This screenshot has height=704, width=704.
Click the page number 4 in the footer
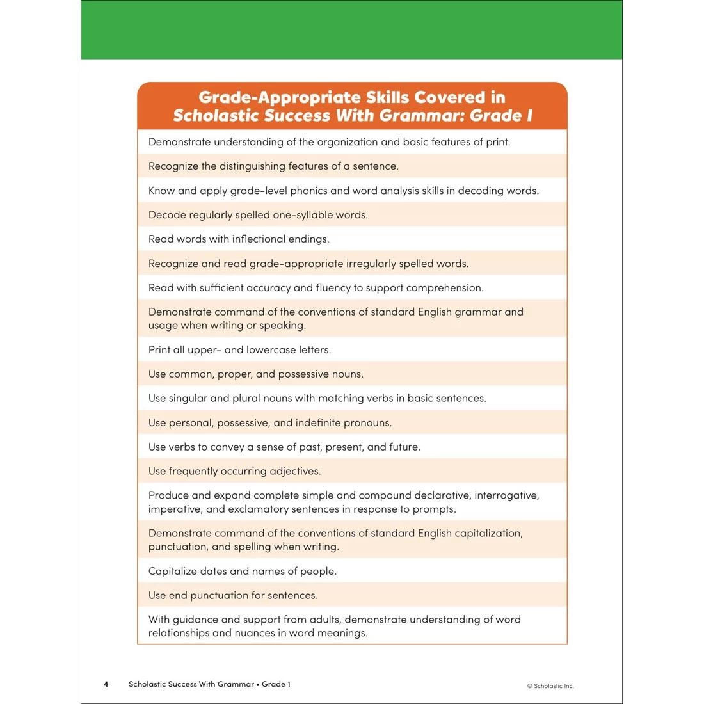click(x=106, y=684)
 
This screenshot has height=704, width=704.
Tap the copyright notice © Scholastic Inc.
click(x=550, y=686)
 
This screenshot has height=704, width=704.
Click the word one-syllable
click(x=302, y=215)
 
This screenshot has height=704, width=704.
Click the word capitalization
click(x=488, y=533)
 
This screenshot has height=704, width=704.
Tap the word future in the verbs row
click(x=404, y=447)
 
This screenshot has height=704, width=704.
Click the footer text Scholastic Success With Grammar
click(x=191, y=684)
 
